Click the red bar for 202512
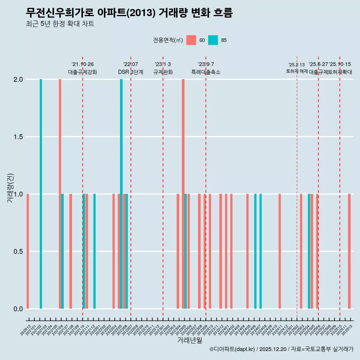pyautogui.click(x=349, y=251)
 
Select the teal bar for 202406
pyautogui.click(x=255, y=251)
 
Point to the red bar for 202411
pyautogui.click(x=280, y=251)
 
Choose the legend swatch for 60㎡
pyautogui.click(x=191, y=40)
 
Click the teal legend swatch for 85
pyautogui.click(x=213, y=40)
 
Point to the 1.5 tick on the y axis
pyautogui.click(x=18, y=137)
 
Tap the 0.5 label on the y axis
pyautogui.click(x=18, y=252)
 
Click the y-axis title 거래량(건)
pyautogui.click(x=10, y=187)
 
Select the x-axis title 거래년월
pyautogui.click(x=190, y=340)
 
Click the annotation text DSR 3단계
pyautogui.click(x=130, y=72)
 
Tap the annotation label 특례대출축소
pyautogui.click(x=206, y=72)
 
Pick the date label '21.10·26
pyautogui.click(x=82, y=64)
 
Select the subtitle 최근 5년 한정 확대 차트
pyautogui.click(x=60, y=24)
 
